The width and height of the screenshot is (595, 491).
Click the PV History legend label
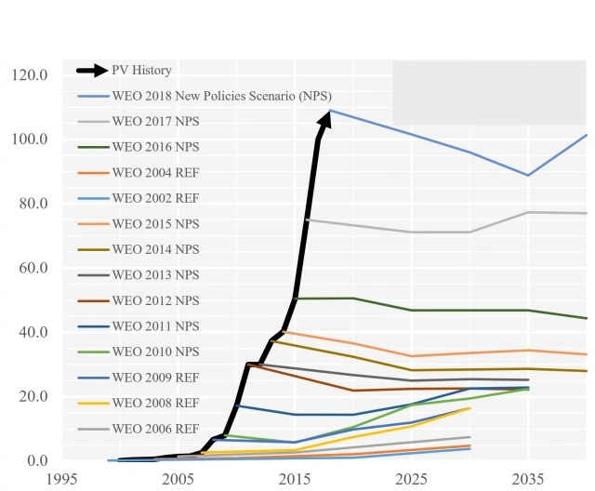(x=141, y=70)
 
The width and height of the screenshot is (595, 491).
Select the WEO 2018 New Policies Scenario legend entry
(x=221, y=96)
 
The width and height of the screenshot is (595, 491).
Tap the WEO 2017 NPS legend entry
(x=156, y=121)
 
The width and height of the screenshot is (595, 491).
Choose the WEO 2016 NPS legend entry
(x=156, y=147)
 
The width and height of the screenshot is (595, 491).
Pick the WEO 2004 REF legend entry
(x=156, y=173)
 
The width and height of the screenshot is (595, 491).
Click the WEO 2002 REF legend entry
(x=156, y=198)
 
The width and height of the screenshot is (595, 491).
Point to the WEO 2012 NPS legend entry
(x=156, y=300)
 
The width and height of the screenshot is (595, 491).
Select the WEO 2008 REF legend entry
(x=156, y=403)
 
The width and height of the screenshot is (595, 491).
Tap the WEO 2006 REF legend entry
(x=156, y=429)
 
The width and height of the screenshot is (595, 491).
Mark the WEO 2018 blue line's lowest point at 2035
(x=528, y=175)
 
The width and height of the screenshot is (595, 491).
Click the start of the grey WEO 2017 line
(x=307, y=219)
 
